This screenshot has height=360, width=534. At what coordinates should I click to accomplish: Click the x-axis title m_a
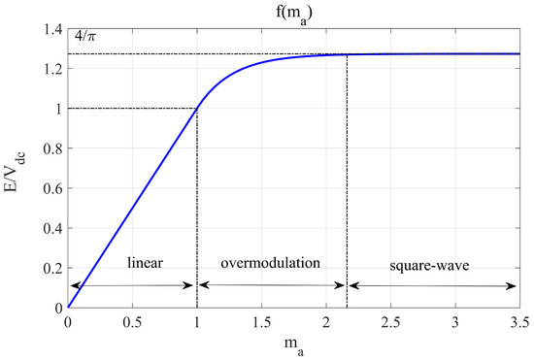pos(294,347)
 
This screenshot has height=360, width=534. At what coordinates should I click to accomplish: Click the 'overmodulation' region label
pos(271,263)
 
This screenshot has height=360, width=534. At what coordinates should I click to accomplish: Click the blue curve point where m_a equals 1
pos(197,109)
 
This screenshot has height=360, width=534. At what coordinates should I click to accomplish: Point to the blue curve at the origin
pos(68,308)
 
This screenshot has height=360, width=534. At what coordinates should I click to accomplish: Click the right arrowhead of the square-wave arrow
pos(515,285)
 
